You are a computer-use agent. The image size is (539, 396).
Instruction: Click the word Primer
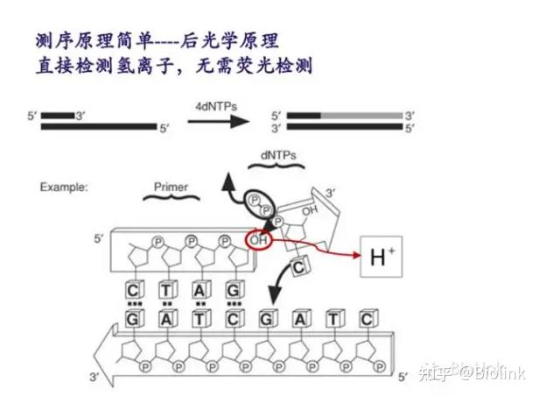pyautogui.click(x=171, y=187)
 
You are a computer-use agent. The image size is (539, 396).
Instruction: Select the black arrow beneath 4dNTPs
pyautogui.click(x=213, y=122)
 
